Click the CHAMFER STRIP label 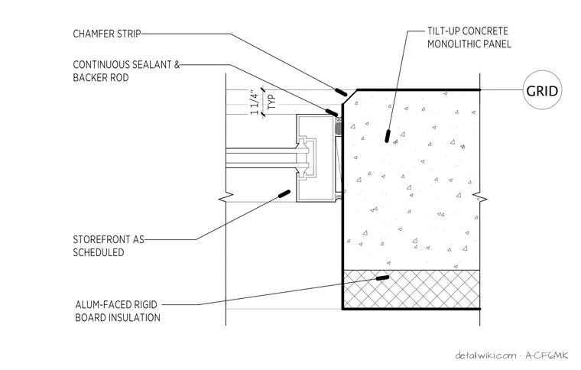tap(107, 34)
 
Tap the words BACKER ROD tap(101, 78)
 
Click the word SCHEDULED tap(99, 252)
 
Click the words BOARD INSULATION tap(118, 318)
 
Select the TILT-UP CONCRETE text tap(468, 31)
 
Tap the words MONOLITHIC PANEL tap(469, 44)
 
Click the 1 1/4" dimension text tap(255, 102)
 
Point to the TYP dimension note tap(271, 102)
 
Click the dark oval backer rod tap(338, 128)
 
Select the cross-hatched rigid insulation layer tap(411, 289)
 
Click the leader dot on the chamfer tap(341, 92)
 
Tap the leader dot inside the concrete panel tap(388, 135)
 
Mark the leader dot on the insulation tap(382, 277)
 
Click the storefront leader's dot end tap(284, 193)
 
